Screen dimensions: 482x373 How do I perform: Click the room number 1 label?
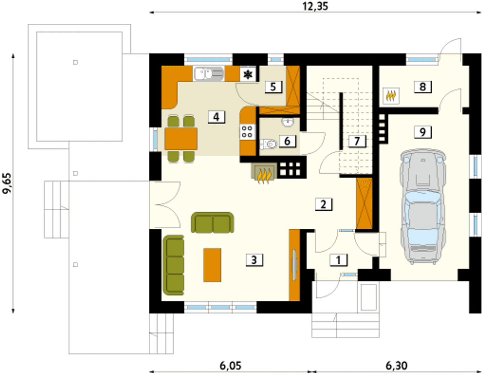tap(339, 260)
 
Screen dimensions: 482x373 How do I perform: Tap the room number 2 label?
tap(323, 204)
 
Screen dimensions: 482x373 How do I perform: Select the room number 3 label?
tap(254, 260)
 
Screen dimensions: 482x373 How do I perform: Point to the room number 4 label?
tap(217, 117)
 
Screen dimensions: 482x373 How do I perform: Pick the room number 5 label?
tap(273, 87)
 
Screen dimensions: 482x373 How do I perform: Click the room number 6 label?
tap(287, 141)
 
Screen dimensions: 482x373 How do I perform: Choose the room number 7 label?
tap(357, 141)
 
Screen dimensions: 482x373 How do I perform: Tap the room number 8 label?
tap(423, 87)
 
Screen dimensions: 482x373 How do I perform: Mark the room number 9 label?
tap(423, 133)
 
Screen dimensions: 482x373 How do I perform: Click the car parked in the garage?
tap(423, 207)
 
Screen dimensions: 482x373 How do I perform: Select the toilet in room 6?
tap(268, 144)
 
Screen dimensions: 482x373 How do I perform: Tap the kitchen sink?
tap(209, 74)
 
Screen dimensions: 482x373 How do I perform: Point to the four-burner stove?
tap(247, 132)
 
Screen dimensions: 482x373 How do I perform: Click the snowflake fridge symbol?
tap(248, 75)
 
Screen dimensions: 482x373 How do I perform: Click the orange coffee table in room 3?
tap(212, 265)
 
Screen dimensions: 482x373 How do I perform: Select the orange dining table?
tap(181, 139)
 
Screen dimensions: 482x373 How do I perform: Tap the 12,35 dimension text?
tap(315, 6)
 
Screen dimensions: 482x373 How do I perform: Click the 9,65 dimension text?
tap(7, 183)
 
